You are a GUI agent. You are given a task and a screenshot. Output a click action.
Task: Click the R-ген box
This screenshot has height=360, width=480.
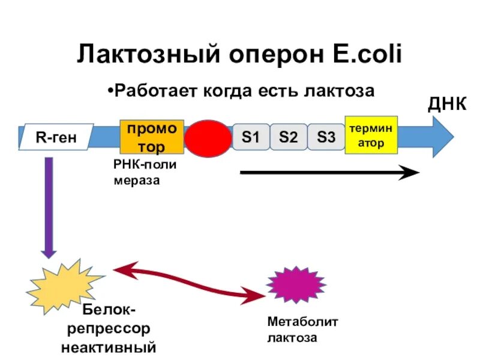(x=56, y=138)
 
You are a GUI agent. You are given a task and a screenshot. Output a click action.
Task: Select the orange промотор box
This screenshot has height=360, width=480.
(x=151, y=137)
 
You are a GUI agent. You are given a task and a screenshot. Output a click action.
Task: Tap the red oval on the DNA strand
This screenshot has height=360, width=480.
(x=207, y=138)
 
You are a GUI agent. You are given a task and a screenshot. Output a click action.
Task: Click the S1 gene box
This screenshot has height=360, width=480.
(x=251, y=137)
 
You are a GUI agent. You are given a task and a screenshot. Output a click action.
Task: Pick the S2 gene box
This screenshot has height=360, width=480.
(x=288, y=137)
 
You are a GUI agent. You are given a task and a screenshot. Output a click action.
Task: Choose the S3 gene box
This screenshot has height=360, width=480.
(x=326, y=137)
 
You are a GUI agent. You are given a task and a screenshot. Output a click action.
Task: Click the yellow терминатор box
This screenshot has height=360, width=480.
(x=371, y=136)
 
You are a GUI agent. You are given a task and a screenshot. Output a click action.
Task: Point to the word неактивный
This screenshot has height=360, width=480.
(x=109, y=347)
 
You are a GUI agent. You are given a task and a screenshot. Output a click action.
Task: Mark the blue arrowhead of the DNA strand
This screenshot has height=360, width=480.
(x=442, y=137)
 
